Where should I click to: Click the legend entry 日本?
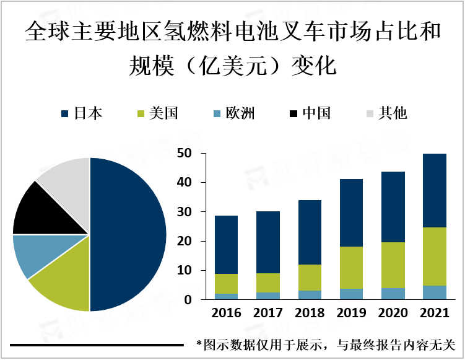click(82, 113)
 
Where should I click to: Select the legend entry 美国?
click(157, 113)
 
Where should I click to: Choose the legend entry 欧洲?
click(233, 113)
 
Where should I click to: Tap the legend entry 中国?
click(310, 113)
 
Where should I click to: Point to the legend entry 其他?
click(386, 113)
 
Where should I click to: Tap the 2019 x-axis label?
click(351, 314)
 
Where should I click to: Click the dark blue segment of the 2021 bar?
click(435, 190)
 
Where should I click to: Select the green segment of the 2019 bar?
click(351, 268)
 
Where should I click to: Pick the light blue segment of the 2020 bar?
click(393, 294)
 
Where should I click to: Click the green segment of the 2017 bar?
click(267, 283)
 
